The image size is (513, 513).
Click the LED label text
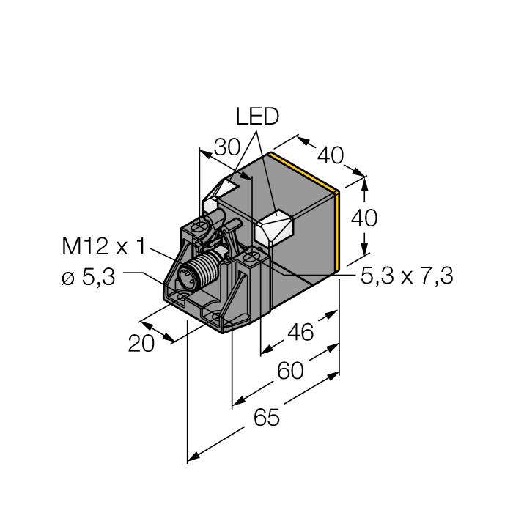click(x=257, y=117)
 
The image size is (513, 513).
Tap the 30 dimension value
click(x=227, y=147)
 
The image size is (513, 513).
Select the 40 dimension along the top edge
click(x=331, y=155)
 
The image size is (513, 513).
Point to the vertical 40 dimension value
click(x=363, y=218)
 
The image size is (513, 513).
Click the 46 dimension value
click(x=300, y=333)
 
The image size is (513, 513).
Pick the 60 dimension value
click(x=290, y=371)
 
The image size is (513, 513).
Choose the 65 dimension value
click(x=267, y=418)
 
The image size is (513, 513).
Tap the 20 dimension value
click(x=141, y=344)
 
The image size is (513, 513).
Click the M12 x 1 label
click(x=103, y=246)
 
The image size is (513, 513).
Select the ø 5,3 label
click(x=89, y=278)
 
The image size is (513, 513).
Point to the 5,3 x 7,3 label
click(x=407, y=276)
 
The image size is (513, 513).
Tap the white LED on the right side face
click(x=274, y=226)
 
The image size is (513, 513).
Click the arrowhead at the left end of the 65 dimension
click(x=193, y=457)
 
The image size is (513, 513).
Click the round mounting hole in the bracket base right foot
click(x=217, y=317)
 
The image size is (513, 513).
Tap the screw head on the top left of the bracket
click(x=199, y=226)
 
